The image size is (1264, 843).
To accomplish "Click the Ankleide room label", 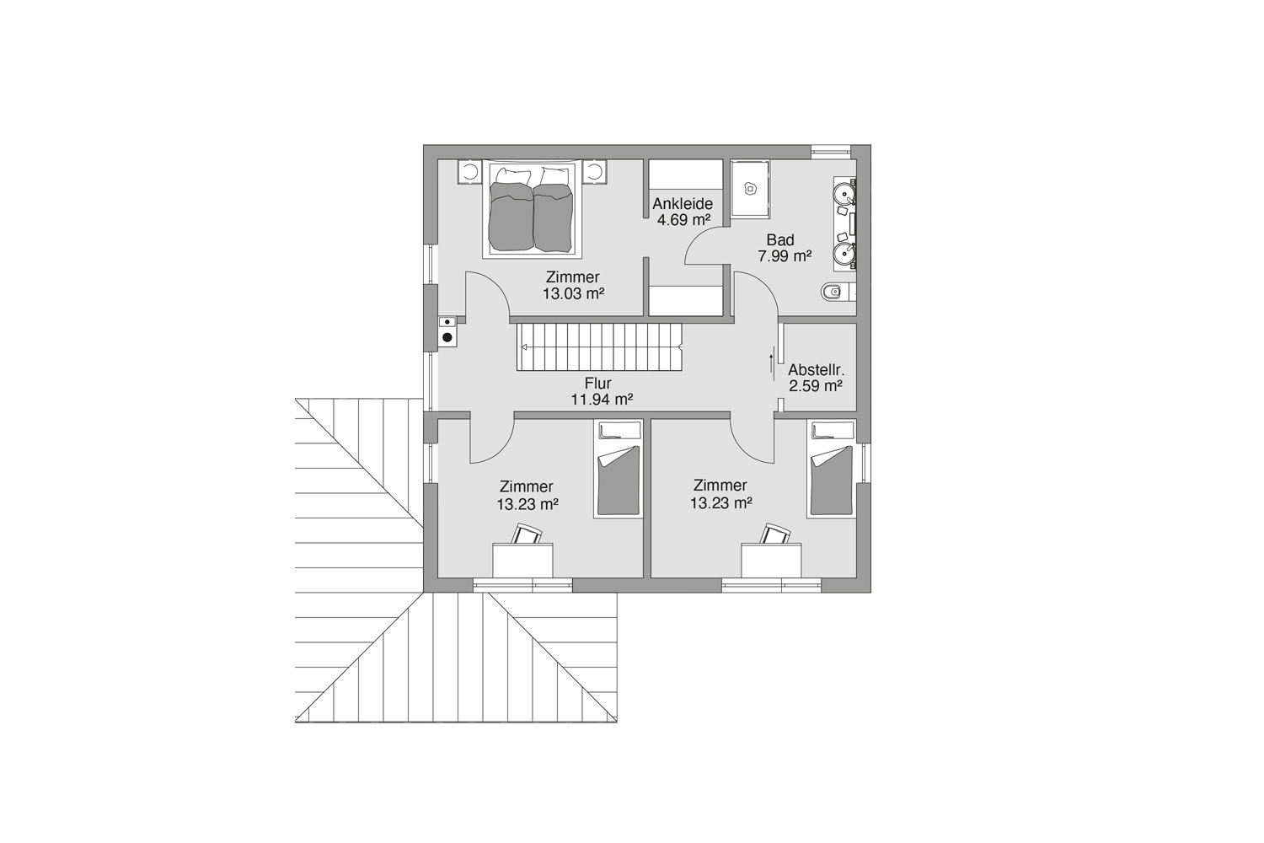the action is pos(683,203).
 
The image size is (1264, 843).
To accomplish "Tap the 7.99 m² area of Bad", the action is pos(785,256).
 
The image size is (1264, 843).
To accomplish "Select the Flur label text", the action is pos(598,384).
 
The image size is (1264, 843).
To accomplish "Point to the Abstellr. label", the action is pos(816,370).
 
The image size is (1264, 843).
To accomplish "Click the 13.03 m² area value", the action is pos(573,293).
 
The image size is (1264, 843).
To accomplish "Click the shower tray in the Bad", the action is pos(750,189).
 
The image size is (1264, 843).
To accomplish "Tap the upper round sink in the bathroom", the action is pos(844,194).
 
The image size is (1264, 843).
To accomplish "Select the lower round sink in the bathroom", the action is pos(844,254).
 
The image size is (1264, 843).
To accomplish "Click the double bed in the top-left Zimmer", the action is pos(532,209).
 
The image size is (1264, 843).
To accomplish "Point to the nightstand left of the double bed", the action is pos(469,172).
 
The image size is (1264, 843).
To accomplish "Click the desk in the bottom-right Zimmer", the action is pos(771,560).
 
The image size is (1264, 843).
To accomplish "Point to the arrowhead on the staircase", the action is pos(524,347).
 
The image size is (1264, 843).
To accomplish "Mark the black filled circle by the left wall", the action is pos(447,338).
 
